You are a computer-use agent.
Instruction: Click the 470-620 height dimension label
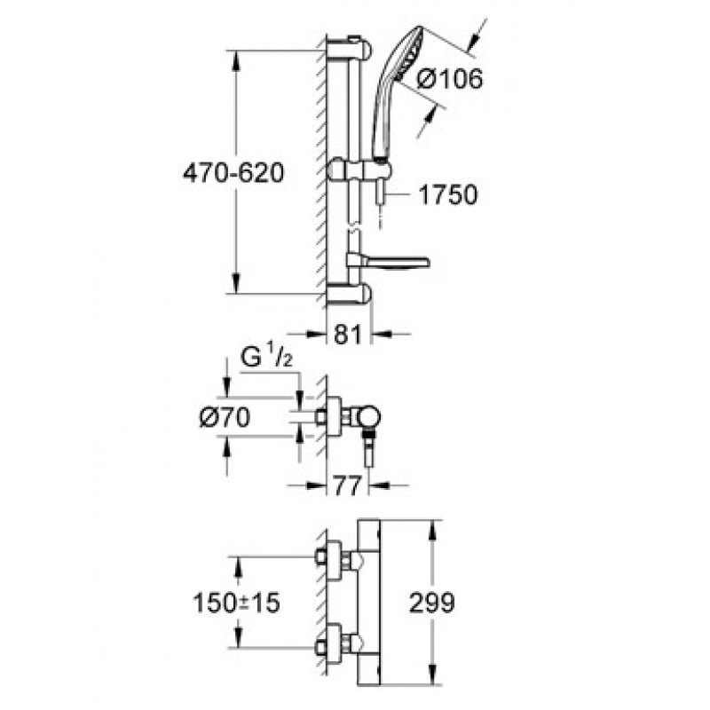[x=233, y=172]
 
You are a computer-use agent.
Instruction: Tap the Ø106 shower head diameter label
[x=450, y=79]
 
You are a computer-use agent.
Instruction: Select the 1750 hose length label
[x=448, y=194]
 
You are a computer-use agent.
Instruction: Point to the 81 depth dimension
[x=349, y=335]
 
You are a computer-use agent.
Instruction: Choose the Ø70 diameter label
[x=225, y=417]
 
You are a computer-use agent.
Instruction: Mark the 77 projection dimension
[x=347, y=485]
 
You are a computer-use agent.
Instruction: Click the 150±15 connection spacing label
[x=236, y=603]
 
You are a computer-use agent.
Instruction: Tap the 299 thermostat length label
[x=431, y=603]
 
